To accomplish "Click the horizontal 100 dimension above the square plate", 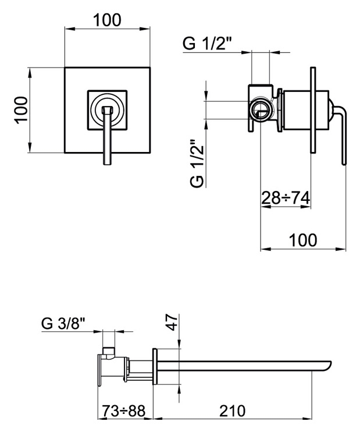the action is pos(107,20).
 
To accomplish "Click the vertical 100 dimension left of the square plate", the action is pos(22,110).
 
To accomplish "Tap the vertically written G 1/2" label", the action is pos(197,163).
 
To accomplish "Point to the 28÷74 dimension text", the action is pos(286,197).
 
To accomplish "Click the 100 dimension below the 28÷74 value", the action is pos(303,240).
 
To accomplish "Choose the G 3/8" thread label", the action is pos(63,323).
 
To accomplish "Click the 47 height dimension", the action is pos(172,322).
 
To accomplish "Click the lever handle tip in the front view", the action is pos(107,163).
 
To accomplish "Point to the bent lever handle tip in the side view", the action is pos(344,163).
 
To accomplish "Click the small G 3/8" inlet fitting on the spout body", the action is pos(108,352).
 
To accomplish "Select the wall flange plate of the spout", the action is pos(155,366).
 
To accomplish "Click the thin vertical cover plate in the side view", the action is pos(313,110).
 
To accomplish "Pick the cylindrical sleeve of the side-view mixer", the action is pos(306,110).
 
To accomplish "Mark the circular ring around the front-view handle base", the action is pos(107,109).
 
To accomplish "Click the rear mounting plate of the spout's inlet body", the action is pos(99,370).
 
